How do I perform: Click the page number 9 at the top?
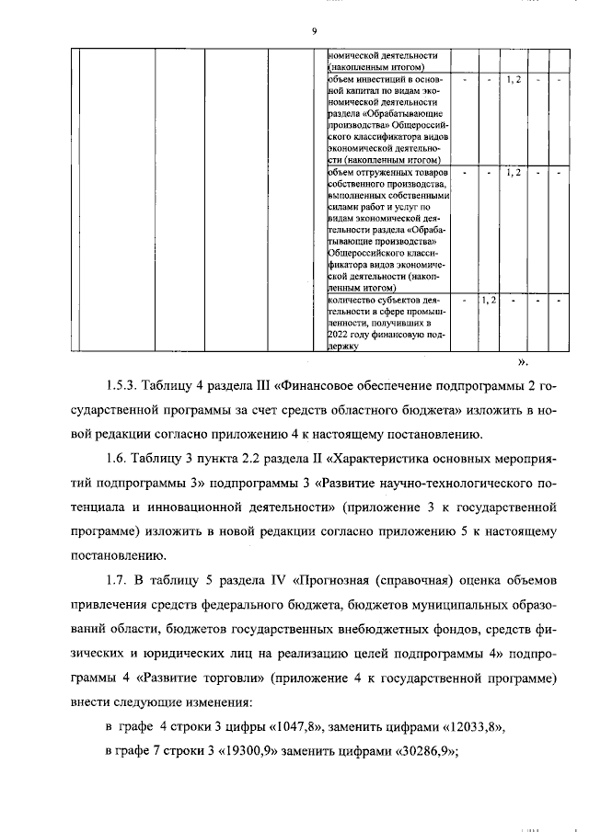(314, 32)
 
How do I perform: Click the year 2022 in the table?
(341, 335)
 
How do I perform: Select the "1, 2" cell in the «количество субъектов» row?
(490, 301)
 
